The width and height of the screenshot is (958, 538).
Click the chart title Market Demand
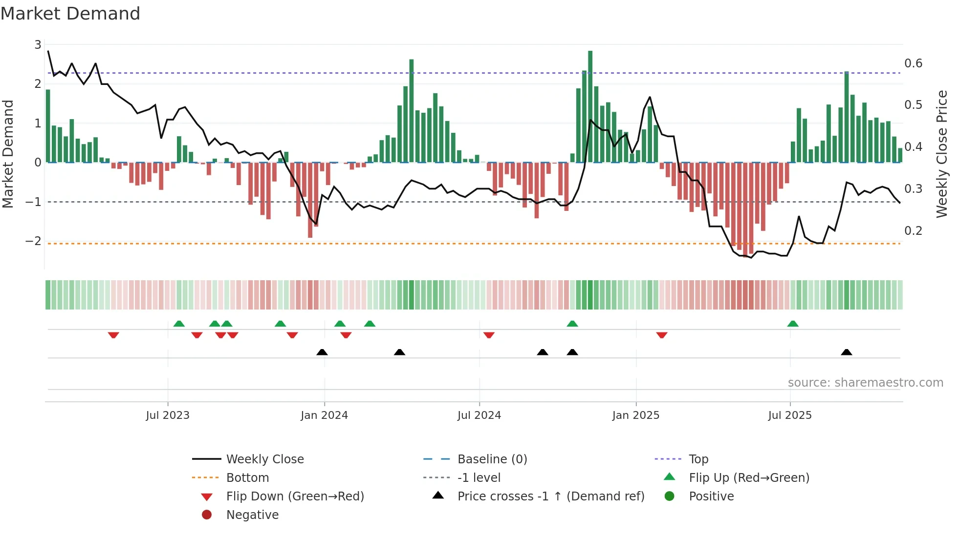pos(70,14)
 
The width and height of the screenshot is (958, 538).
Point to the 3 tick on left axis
pos(38,45)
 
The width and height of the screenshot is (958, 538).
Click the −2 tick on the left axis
pos(34,241)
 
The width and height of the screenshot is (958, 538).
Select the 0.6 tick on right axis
pos(913,63)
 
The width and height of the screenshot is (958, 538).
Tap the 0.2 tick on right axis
pos(913,230)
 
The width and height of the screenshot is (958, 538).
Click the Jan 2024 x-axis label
pos(324,415)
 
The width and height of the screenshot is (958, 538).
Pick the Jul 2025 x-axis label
pos(789,415)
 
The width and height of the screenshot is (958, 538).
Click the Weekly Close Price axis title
pos(941,154)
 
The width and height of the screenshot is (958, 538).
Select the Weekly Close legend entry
pos(264,459)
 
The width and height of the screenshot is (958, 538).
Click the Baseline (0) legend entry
pos(492,459)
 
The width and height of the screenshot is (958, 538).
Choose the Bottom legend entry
pos(247,478)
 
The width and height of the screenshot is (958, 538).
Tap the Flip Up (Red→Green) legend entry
pos(749,478)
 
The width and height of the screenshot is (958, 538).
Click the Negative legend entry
pos(252,515)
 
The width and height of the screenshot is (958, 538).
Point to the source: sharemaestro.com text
pos(865,383)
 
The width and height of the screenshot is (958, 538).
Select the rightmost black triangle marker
pos(847,352)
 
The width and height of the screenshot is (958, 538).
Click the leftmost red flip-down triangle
pos(113,335)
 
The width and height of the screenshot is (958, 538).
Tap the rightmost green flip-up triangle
pos(793,324)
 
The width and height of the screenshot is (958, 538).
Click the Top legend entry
pos(698,459)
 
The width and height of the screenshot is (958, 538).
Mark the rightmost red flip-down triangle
pos(662,335)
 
